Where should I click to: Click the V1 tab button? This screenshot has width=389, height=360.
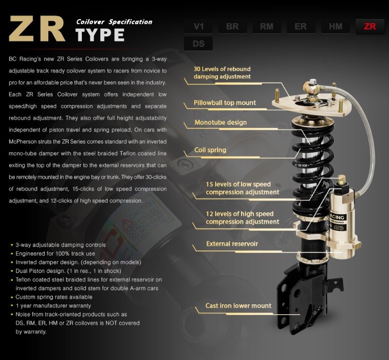[x=199, y=26]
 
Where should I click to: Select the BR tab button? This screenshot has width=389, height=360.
[x=233, y=26]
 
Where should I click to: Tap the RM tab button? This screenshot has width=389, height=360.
[x=267, y=26]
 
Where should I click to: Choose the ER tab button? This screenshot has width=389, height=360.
[x=301, y=26]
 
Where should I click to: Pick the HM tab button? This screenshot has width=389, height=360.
[x=335, y=26]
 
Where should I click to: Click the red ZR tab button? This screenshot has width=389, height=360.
[x=369, y=26]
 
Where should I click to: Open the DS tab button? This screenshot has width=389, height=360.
[x=199, y=43]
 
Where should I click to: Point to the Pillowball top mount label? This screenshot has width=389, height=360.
[x=225, y=102]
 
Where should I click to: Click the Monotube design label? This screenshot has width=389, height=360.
[x=220, y=122]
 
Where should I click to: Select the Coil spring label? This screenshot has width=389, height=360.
[x=210, y=150]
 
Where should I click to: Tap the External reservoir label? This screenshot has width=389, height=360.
[x=232, y=243]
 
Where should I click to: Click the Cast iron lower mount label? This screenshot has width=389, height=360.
[x=238, y=306]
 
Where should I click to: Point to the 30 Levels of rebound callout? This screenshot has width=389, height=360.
[x=222, y=72]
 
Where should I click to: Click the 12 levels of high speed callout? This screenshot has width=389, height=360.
[x=242, y=218]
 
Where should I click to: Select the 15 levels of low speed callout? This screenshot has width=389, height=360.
[x=242, y=188]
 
